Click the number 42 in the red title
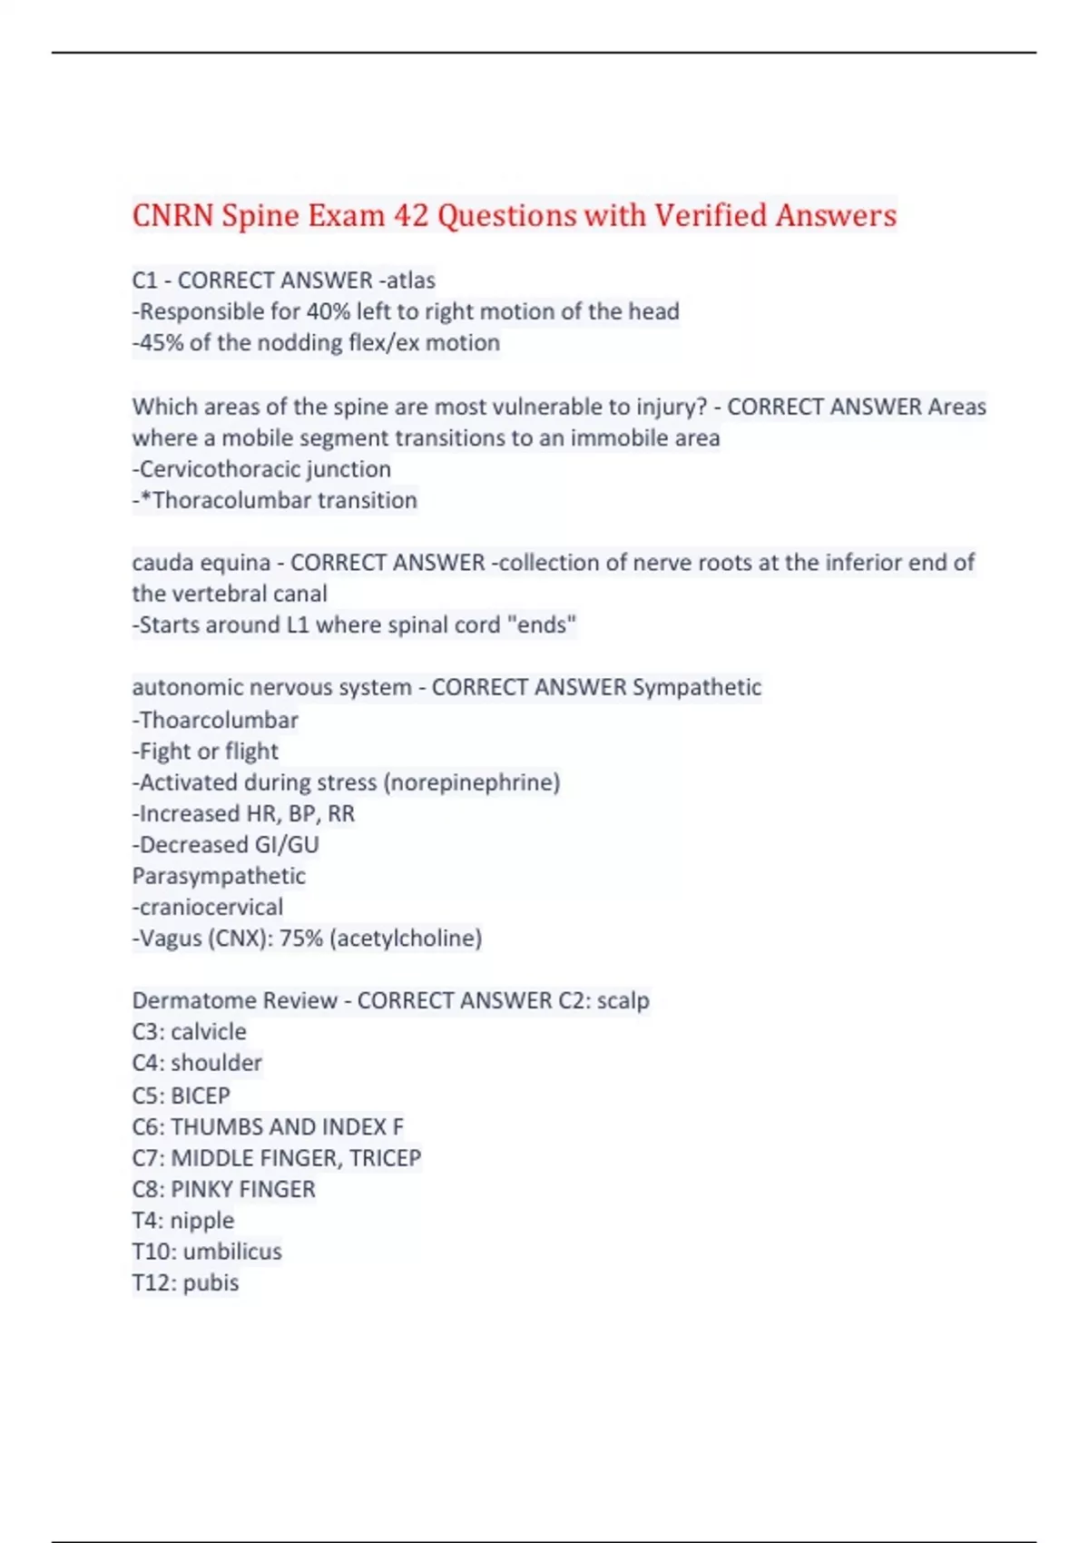[x=411, y=216]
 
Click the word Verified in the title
[x=711, y=216]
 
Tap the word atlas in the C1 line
[x=411, y=280]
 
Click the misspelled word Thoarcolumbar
[x=219, y=720]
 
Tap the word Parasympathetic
[x=219, y=876]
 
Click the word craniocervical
[x=211, y=907]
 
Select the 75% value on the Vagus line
[x=301, y=939]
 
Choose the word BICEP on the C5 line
[x=201, y=1096]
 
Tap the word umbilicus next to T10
[x=232, y=1252]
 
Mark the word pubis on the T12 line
[x=211, y=1283]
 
